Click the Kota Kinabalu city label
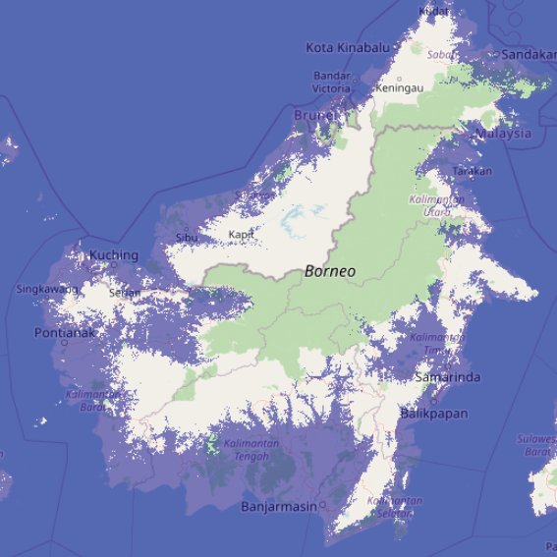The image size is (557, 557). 348,47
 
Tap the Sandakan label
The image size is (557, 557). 529,55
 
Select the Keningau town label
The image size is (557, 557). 400,87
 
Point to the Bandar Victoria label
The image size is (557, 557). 332,82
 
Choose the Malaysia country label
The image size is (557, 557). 503,134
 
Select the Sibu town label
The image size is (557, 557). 187,237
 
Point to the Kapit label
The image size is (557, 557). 241,235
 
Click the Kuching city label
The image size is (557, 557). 114,255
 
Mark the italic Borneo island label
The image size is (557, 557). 330,270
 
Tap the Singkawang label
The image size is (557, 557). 47,290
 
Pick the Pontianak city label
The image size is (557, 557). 62,333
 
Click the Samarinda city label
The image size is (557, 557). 448,377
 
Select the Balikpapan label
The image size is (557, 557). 439,413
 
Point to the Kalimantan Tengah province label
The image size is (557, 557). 251,451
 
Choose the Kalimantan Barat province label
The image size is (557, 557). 87,400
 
